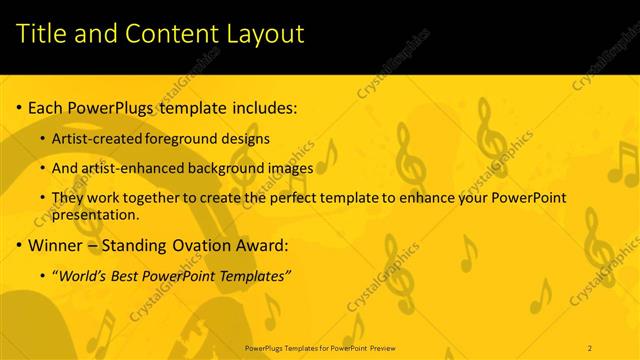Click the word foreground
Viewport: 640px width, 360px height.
point(180,138)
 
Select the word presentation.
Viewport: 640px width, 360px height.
point(95,214)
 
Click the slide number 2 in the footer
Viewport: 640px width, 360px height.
point(591,346)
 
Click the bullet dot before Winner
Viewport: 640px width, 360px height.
point(19,245)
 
